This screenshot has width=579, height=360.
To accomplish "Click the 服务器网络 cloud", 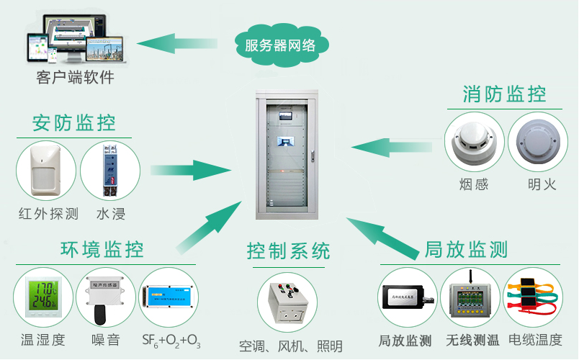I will click(x=281, y=45).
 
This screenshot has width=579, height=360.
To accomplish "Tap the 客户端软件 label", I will click(x=75, y=78).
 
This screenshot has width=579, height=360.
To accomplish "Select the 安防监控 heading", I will click(x=74, y=122).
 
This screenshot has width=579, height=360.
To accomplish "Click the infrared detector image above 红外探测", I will click(x=46, y=171).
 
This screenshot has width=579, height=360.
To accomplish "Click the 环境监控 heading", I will click(x=103, y=249).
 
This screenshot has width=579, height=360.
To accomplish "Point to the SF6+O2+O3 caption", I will click(x=171, y=340).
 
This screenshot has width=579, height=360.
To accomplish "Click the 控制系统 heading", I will click(x=289, y=251).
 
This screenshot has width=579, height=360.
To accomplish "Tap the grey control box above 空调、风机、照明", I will click(x=288, y=302).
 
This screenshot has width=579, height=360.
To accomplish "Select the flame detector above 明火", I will click(x=537, y=143).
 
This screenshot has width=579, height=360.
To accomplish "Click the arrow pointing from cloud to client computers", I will click(x=183, y=45).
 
